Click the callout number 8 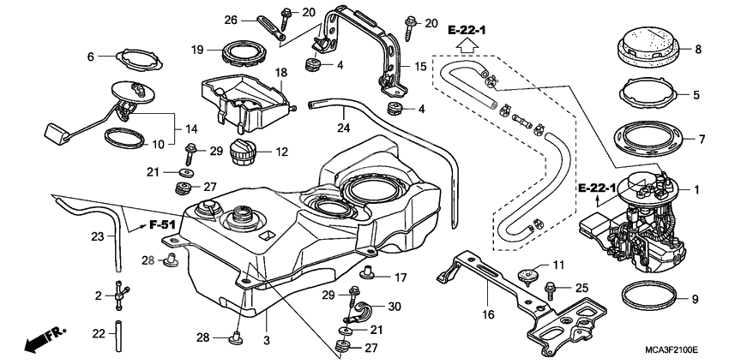click(697, 50)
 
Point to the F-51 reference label click(161, 224)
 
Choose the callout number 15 click(420, 66)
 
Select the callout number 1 click(697, 189)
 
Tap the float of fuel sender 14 click(53, 133)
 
